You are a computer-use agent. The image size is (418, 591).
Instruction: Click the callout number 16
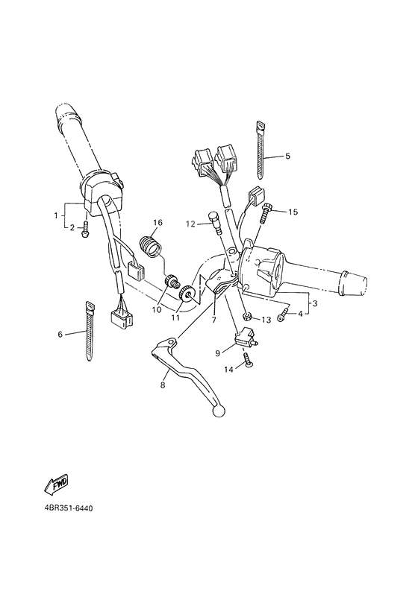[x=157, y=223]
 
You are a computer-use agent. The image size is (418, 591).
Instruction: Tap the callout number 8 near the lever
[x=162, y=385]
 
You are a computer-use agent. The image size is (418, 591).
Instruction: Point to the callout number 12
[x=190, y=223]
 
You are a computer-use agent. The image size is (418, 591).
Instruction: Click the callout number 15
[x=293, y=212]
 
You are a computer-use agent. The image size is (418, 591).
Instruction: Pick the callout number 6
[x=60, y=334]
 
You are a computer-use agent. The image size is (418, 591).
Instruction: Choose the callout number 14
[x=228, y=369]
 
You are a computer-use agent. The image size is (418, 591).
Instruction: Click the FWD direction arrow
[x=57, y=485]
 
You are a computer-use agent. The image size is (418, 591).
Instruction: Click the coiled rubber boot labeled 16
[x=152, y=245]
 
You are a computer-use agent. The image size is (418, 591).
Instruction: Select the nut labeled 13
[x=246, y=318]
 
